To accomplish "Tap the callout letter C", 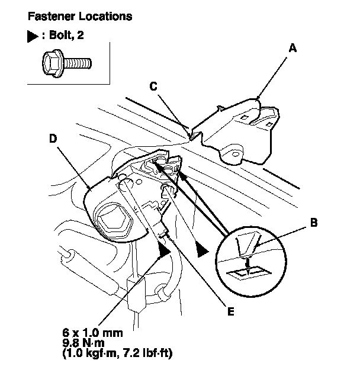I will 153,86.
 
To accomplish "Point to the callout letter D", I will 53,140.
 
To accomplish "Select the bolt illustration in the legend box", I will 66,60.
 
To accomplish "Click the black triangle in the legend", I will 32,35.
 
